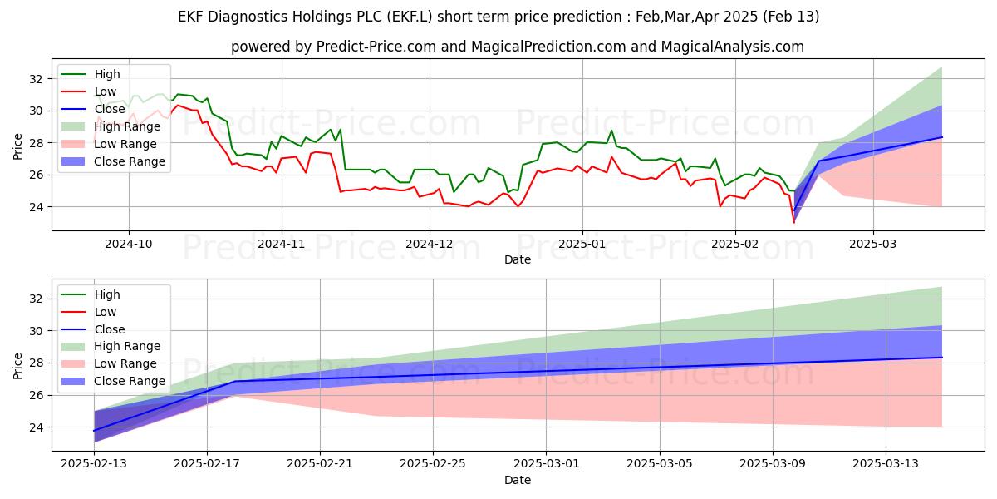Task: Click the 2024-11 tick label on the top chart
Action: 281,244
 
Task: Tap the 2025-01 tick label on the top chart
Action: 582,244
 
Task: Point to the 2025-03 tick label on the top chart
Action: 872,244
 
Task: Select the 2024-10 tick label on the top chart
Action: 129,244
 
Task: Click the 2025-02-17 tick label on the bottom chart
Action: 207,464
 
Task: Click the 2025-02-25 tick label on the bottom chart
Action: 433,464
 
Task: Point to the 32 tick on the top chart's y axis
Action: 35,79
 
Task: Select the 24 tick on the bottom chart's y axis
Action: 35,427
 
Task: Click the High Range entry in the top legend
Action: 130,126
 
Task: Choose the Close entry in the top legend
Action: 111,109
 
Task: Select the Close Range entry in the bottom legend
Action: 130,381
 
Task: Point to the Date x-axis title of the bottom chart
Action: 518,480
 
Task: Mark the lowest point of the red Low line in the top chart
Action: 793,222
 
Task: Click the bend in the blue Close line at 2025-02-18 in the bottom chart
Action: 236,381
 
